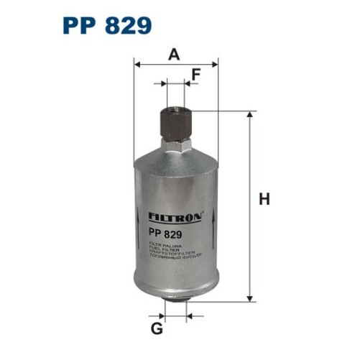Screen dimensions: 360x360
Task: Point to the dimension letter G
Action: (x=157, y=329)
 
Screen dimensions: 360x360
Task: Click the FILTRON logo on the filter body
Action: (x=176, y=216)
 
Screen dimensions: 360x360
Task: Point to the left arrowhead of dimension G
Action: (x=161, y=316)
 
